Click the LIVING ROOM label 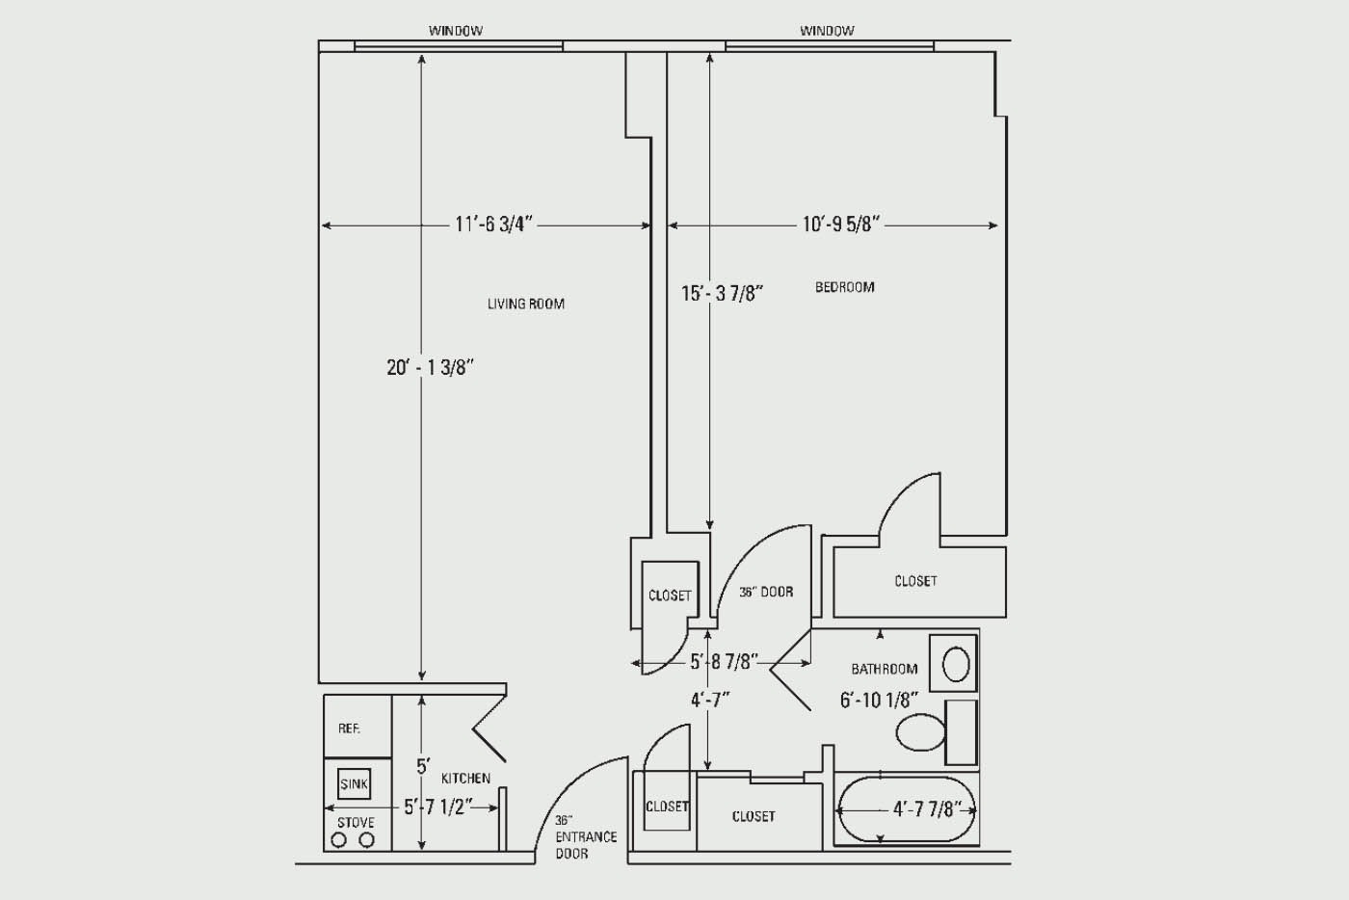(x=526, y=304)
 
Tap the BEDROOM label (x=844, y=287)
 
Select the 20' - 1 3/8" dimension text (x=431, y=367)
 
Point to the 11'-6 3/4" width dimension (x=493, y=225)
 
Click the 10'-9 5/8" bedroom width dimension (x=841, y=225)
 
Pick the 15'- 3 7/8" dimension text (x=722, y=293)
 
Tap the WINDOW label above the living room (x=455, y=30)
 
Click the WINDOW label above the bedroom (x=827, y=30)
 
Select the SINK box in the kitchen (x=354, y=783)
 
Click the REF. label (x=349, y=728)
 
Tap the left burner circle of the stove (x=339, y=839)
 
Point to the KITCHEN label (x=465, y=779)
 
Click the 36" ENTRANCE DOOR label (x=586, y=836)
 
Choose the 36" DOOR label (x=766, y=593)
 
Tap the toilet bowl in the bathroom (x=920, y=732)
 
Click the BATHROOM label (x=885, y=669)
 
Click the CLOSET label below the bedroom (x=915, y=581)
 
